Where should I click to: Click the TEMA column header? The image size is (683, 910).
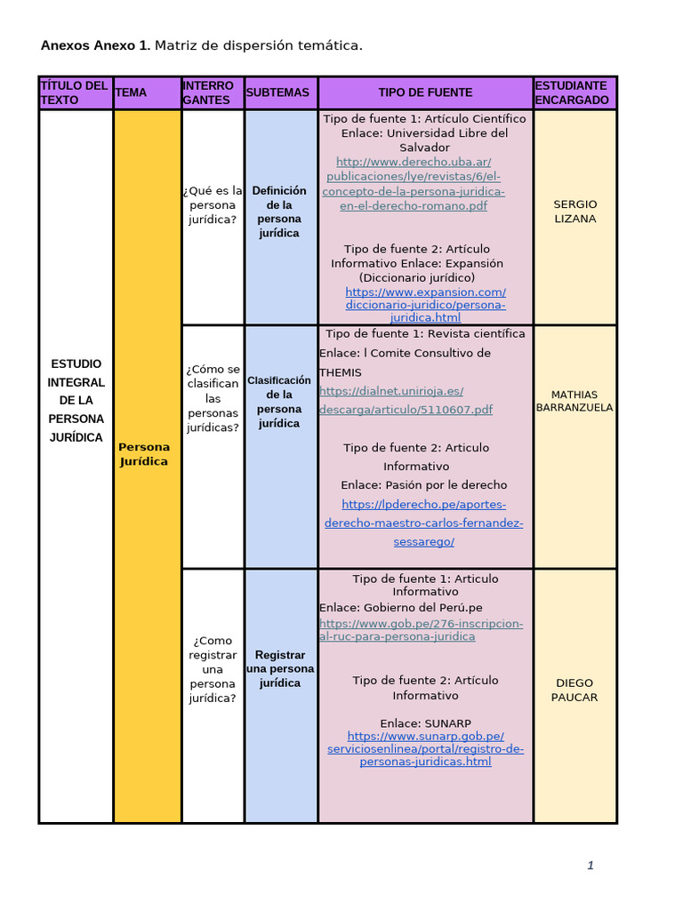point(132,92)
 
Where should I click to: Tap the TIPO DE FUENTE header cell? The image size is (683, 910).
point(425,92)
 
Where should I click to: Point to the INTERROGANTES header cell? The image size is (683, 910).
point(208,92)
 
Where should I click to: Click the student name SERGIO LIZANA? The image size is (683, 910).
point(575,212)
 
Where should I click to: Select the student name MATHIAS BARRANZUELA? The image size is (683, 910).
point(575,401)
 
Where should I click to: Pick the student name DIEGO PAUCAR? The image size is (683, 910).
point(575,690)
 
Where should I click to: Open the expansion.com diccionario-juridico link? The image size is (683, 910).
point(425,305)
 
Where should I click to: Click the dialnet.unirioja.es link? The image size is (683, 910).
point(406,400)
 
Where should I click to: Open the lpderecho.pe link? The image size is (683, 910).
point(424,523)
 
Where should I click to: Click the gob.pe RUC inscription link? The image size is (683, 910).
point(422,630)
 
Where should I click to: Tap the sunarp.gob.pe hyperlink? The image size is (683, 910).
point(425,749)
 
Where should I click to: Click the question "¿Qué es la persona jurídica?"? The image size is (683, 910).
point(213,204)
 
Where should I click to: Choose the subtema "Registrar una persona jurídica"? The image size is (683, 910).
point(279,669)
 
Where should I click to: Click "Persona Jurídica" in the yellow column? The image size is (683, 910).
point(143,454)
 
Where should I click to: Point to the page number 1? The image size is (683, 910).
point(590,866)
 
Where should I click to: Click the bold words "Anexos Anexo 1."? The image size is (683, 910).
point(95,45)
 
